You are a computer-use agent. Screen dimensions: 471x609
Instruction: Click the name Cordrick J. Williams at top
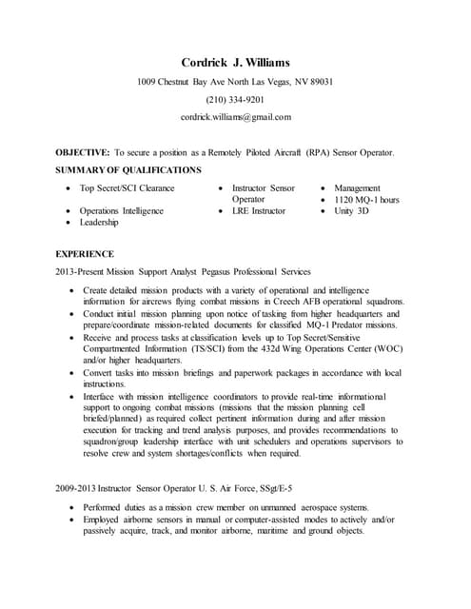235,63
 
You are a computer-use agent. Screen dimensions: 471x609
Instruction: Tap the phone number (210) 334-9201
235,99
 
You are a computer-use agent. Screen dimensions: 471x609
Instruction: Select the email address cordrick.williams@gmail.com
235,117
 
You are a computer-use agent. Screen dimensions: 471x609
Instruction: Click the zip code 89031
320,82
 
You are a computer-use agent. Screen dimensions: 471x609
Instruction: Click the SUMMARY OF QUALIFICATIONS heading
128,170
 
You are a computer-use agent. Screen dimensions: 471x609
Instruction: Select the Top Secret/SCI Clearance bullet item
127,188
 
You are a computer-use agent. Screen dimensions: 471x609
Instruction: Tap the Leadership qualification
99,222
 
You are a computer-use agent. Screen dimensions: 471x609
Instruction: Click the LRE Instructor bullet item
259,210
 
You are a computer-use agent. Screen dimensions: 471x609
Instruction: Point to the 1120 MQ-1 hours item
366,200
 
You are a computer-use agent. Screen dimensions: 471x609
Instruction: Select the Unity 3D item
351,210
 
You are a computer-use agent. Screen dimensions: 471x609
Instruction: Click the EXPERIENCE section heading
85,254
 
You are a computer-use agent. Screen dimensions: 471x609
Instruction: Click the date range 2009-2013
80,488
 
